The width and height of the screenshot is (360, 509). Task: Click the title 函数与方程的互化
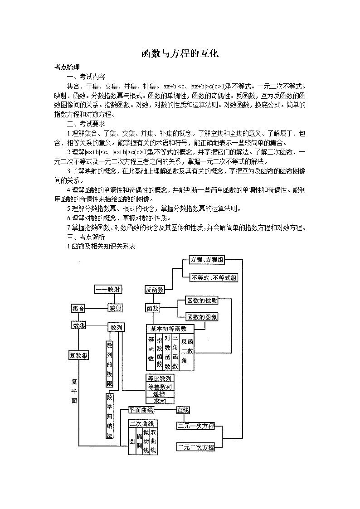point(180,54)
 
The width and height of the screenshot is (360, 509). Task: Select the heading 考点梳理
point(67,68)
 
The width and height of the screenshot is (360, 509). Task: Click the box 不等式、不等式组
point(214,277)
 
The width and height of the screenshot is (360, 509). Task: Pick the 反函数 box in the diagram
point(155,290)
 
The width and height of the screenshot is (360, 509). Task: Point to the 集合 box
point(78,308)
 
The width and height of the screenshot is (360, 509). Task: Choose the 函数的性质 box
point(202,300)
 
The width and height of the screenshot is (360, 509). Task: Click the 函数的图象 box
point(202,317)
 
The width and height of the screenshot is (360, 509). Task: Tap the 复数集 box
point(78,355)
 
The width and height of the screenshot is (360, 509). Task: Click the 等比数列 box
point(159,378)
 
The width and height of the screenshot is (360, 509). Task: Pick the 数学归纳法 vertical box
point(109,416)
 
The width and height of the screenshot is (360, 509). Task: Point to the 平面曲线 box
point(141,410)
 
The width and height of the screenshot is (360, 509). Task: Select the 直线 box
point(183,410)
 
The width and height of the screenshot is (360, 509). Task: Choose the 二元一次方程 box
point(195,426)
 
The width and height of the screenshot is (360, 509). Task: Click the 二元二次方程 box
point(195,447)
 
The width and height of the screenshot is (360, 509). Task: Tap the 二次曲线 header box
point(141,423)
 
